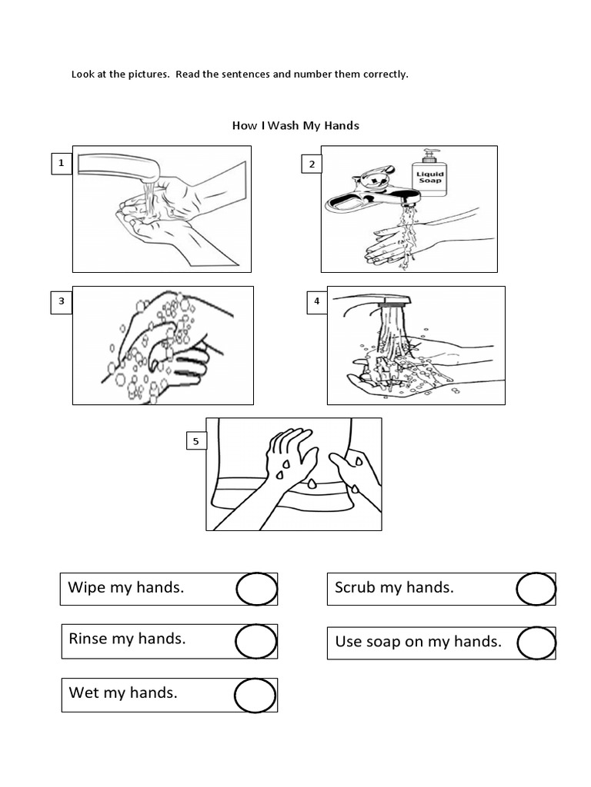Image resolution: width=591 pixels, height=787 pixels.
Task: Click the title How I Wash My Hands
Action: pyautogui.click(x=295, y=125)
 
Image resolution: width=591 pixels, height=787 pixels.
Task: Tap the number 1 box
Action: pyautogui.click(x=62, y=164)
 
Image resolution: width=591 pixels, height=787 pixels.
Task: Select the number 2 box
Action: pyautogui.click(x=312, y=164)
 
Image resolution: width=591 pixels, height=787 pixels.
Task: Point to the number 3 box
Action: pyautogui.click(x=62, y=302)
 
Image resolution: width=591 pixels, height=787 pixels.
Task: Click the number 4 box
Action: pyautogui.click(x=316, y=302)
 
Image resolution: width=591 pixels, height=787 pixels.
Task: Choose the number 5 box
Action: pyautogui.click(x=195, y=441)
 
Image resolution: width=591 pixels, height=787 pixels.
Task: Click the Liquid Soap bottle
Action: pyautogui.click(x=430, y=178)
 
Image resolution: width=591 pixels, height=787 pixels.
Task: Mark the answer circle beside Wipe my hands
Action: pyautogui.click(x=255, y=589)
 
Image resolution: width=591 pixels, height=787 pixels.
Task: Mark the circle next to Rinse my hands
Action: pyautogui.click(x=255, y=641)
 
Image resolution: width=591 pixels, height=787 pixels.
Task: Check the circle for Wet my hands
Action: pyautogui.click(x=255, y=695)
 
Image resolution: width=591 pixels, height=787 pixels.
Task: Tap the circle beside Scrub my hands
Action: pyautogui.click(x=536, y=589)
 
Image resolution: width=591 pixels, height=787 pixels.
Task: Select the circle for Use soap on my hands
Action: pyautogui.click(x=536, y=643)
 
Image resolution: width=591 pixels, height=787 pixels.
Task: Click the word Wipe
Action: pyautogui.click(x=86, y=588)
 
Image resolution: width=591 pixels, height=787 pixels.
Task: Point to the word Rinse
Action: pyautogui.click(x=88, y=638)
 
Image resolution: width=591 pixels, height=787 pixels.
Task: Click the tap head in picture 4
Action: pyautogui.click(x=393, y=303)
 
